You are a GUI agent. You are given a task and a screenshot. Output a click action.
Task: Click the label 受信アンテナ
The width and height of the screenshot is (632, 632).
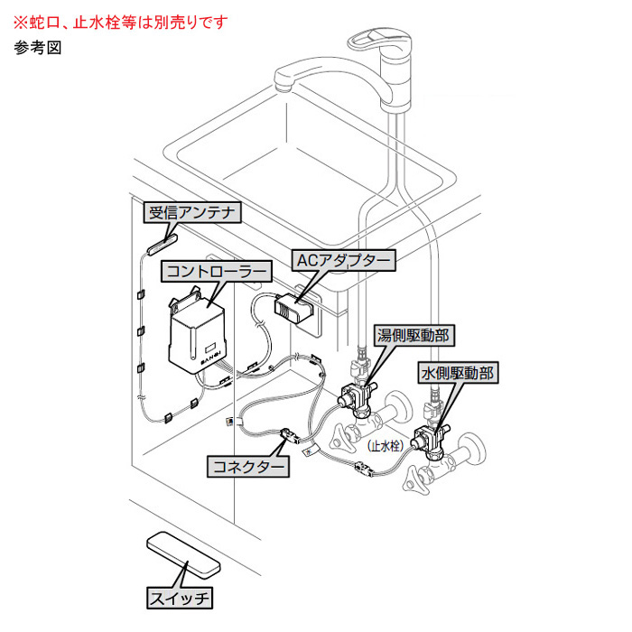tap(192, 214)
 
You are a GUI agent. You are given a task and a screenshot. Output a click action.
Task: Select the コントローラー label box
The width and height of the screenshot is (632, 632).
tap(215, 271)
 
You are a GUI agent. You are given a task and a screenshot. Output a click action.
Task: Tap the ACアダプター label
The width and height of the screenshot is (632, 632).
tap(344, 260)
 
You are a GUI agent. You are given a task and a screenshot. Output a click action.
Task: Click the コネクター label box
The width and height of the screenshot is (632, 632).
tap(248, 467)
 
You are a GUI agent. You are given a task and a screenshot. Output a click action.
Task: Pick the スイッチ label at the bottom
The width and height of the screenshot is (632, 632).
tap(179, 597)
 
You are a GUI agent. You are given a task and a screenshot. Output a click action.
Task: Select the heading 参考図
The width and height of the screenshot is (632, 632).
tap(36, 49)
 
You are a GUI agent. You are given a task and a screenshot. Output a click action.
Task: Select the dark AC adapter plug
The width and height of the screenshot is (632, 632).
tap(295, 308)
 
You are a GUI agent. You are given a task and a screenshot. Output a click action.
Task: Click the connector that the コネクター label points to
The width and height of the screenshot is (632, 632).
tap(290, 437)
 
